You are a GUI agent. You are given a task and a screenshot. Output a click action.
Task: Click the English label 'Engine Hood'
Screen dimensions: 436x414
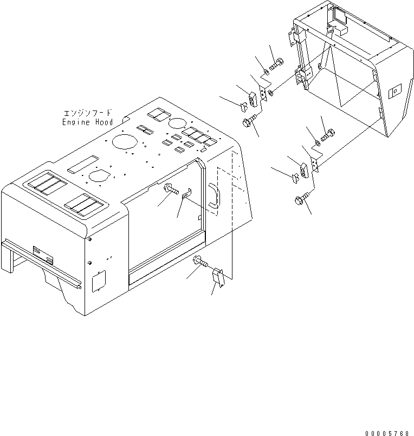point(87,122)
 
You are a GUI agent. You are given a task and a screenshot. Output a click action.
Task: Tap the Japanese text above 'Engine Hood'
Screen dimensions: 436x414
point(88,113)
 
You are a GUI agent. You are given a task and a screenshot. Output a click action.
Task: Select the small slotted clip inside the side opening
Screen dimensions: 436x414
point(185,193)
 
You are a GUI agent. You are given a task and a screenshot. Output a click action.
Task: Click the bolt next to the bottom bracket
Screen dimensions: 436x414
point(200,263)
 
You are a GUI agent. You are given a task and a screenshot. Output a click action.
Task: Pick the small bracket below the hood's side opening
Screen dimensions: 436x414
point(218,277)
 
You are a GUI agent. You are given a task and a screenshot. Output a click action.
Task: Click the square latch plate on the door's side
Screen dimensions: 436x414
point(393,91)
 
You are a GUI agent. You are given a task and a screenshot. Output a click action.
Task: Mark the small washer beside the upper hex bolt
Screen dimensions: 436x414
point(266,72)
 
